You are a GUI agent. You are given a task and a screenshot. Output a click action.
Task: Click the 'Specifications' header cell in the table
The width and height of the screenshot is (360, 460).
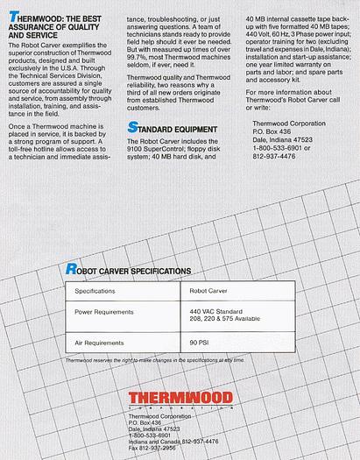coord(95,289)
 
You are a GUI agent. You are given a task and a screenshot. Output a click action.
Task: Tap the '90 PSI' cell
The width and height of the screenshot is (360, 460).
coord(201,343)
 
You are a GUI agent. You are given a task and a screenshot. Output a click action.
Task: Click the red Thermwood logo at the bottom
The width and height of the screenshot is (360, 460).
coord(180,400)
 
